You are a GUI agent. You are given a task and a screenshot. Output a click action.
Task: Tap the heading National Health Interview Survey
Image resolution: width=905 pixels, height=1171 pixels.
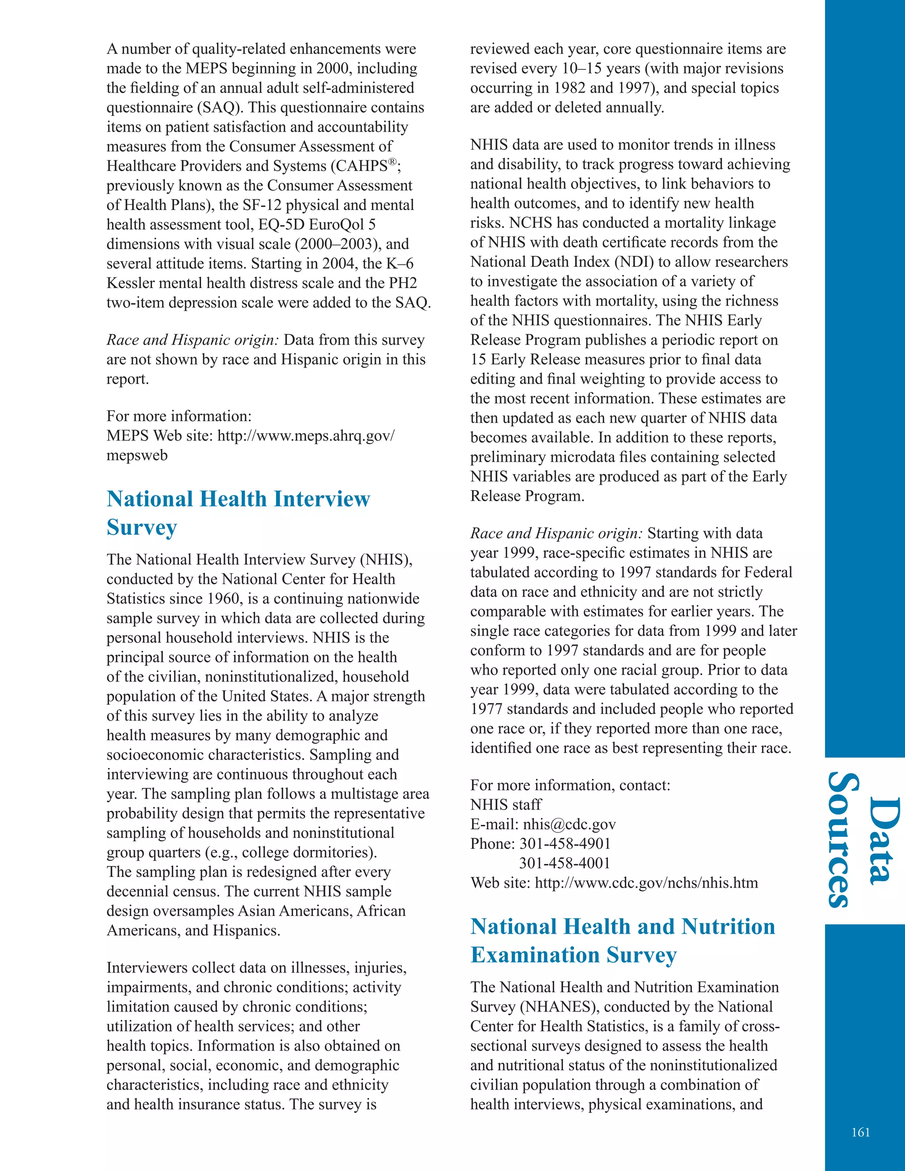pyautogui.click(x=238, y=513)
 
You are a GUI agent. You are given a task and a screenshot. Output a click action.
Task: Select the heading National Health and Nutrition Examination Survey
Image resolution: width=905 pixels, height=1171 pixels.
pyautogui.click(x=623, y=940)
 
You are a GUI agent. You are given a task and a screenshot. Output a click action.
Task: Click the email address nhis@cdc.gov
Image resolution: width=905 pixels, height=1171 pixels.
pyautogui.click(x=569, y=824)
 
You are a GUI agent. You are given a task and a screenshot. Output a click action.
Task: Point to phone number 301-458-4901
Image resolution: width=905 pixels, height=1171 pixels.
pyautogui.click(x=565, y=844)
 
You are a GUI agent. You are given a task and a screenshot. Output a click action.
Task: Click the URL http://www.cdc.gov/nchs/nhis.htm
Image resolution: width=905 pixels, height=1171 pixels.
pyautogui.click(x=646, y=882)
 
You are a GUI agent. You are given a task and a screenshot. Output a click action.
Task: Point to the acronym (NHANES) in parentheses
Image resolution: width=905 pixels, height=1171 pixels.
pyautogui.click(x=558, y=1006)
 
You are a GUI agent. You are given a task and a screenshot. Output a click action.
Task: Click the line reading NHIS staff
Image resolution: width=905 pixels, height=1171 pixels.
pyautogui.click(x=506, y=804)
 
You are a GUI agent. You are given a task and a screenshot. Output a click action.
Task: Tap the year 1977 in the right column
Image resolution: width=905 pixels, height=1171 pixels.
pyautogui.click(x=486, y=709)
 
